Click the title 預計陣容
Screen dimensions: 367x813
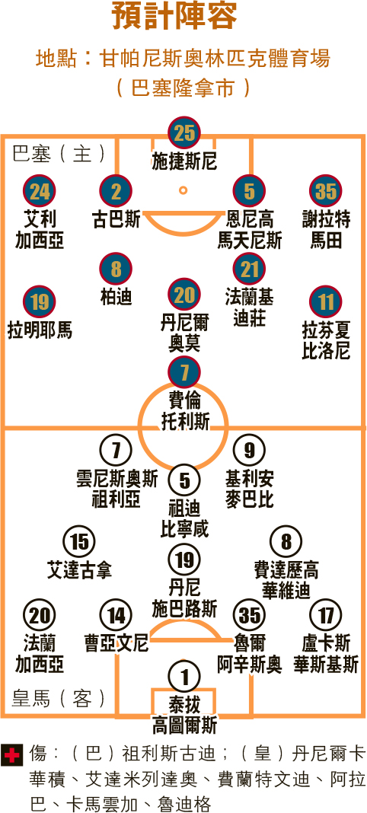point(176,18)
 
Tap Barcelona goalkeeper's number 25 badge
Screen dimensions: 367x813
point(183,132)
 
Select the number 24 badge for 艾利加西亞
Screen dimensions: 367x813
point(40,192)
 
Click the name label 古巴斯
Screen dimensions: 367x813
point(116,219)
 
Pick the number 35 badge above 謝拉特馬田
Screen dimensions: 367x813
point(326,192)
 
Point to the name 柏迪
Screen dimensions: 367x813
point(116,296)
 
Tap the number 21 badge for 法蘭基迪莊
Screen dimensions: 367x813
point(249,269)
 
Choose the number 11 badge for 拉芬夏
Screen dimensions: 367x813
point(326,302)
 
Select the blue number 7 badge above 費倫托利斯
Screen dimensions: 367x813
point(183,371)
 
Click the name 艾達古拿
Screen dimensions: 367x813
point(79,570)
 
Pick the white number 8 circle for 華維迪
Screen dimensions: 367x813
point(286,543)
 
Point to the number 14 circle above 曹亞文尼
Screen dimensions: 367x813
point(116,615)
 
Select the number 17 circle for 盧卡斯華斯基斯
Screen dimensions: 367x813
point(326,615)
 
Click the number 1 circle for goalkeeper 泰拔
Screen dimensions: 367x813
point(183,676)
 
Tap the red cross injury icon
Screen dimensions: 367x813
point(12,755)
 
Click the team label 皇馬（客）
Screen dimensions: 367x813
point(58,699)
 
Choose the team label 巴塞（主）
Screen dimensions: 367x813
point(58,154)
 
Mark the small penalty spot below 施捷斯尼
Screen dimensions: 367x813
point(183,190)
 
